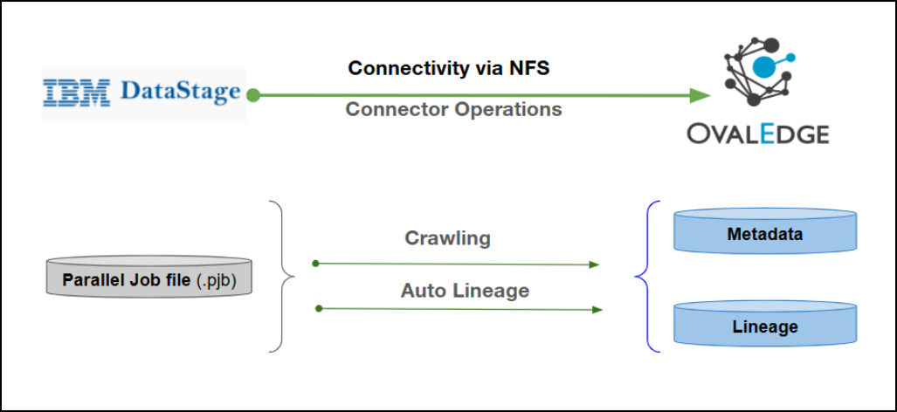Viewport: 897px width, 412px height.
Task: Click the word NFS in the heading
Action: coord(528,67)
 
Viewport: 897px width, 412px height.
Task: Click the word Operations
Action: coord(510,110)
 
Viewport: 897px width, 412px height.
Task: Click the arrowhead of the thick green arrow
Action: coord(700,94)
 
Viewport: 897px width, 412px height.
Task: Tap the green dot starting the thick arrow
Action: coord(252,94)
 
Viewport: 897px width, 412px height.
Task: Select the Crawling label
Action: coord(448,237)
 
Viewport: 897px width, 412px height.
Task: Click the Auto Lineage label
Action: coord(465,290)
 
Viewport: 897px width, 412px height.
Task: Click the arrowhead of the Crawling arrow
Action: coord(595,264)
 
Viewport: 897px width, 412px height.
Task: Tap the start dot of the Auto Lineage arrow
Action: coord(319,308)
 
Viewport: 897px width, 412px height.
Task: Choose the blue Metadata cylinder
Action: coord(765,233)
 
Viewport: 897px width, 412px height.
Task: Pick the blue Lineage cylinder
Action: coord(765,326)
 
